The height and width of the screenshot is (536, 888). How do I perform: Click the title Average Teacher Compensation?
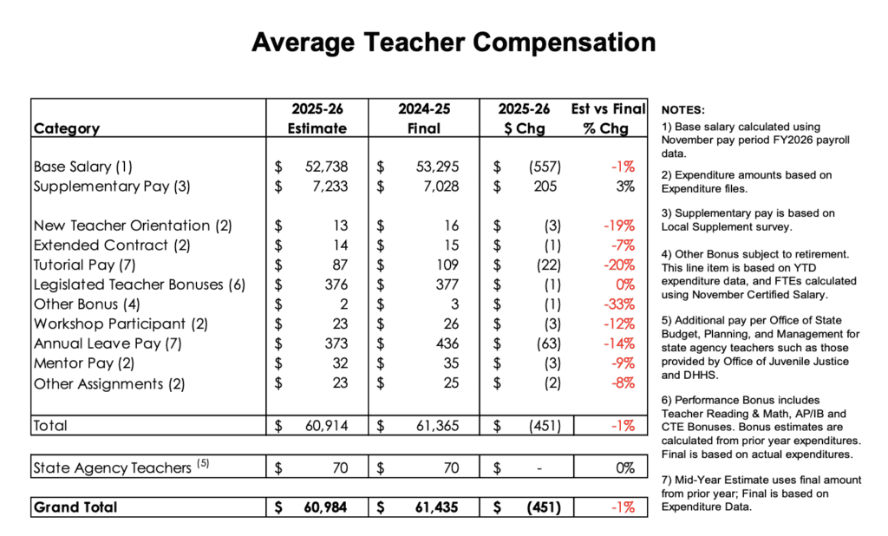click(x=454, y=42)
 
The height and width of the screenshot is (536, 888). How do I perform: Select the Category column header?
click(x=67, y=128)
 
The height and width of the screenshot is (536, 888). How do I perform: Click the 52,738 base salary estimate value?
click(x=327, y=167)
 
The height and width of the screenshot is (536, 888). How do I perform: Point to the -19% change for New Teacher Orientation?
click(x=617, y=226)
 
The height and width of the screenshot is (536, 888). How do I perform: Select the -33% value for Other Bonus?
click(x=617, y=304)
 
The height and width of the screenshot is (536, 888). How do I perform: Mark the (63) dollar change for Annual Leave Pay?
click(x=546, y=344)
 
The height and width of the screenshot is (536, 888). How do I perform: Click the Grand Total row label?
click(x=75, y=507)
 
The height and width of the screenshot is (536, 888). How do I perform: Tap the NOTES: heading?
click(x=682, y=110)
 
